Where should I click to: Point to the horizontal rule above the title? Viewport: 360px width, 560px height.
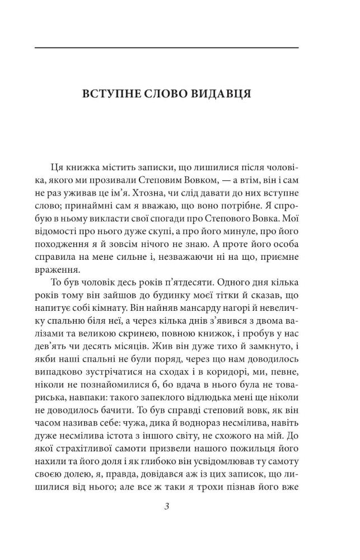coord(167,48)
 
